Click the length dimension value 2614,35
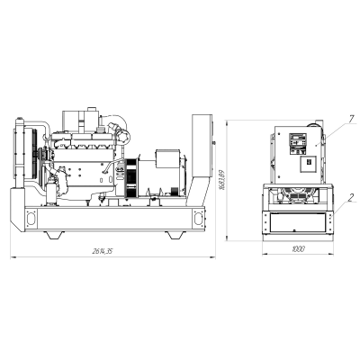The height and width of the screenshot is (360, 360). pos(102,251)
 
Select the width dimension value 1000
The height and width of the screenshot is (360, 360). pos(298,249)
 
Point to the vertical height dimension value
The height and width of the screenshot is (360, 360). pos(222,180)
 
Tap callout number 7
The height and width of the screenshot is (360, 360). pos(352,119)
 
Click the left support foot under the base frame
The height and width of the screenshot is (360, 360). pos(55,235)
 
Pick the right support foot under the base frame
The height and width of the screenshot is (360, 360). pos(176,235)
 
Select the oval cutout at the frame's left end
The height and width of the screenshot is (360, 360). pos(31,218)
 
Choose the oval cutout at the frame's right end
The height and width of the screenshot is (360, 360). pos(198,218)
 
